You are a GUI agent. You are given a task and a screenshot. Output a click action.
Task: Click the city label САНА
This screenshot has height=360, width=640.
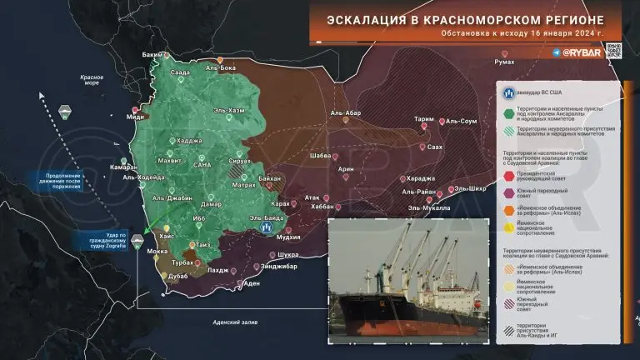point(203,166)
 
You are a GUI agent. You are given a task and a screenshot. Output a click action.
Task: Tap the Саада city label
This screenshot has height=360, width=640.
point(180,73)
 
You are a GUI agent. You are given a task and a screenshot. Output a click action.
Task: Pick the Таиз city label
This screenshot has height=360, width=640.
point(203,244)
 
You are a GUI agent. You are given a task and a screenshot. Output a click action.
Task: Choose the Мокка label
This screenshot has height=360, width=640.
point(157,251)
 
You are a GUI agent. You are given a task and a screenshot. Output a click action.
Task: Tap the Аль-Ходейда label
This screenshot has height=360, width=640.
point(143,177)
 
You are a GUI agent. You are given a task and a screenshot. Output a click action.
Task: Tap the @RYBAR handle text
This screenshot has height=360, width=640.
point(577,52)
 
